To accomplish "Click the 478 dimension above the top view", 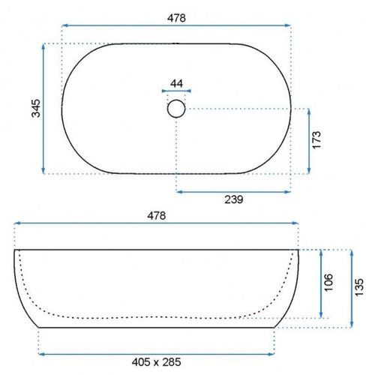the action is (176, 18).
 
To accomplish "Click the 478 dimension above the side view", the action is (157, 215).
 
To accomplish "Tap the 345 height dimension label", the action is (36, 108).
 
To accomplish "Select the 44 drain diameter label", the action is (176, 83).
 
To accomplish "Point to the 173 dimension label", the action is (316, 140).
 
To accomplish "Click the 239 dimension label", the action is (234, 199).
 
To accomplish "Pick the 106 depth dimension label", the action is (328, 282).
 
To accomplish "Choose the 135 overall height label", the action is (359, 287).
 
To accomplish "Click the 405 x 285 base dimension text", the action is (157, 362).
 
